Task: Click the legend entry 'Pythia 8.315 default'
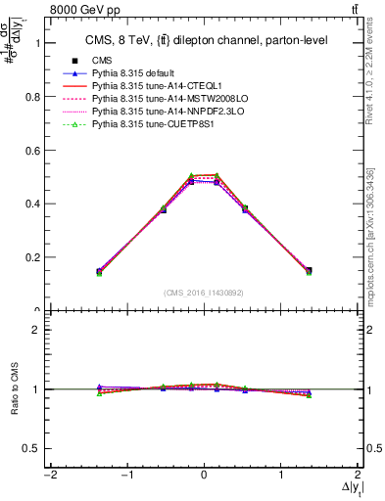135,73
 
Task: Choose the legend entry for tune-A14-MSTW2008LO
161,99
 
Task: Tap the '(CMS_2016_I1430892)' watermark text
204,292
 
